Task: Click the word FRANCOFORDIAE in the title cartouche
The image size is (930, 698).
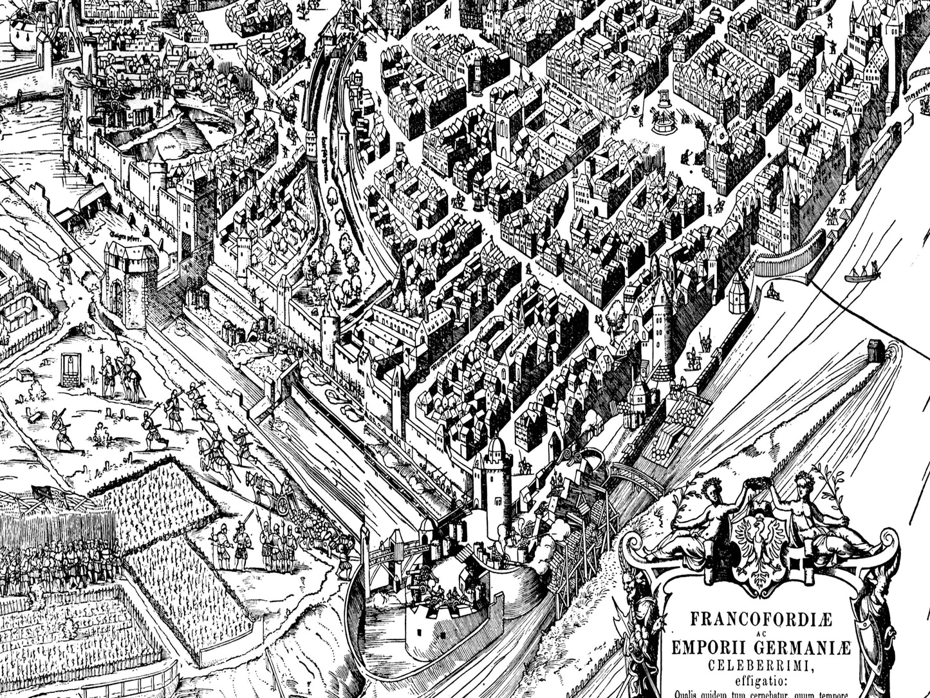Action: pos(761,619)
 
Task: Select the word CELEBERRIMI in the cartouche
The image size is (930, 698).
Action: pos(761,665)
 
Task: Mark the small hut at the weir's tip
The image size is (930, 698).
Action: pos(876,350)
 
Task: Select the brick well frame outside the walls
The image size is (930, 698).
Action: pos(70,370)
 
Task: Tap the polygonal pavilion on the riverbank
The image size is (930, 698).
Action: pos(739,293)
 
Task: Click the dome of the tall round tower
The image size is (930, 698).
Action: pos(496,445)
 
